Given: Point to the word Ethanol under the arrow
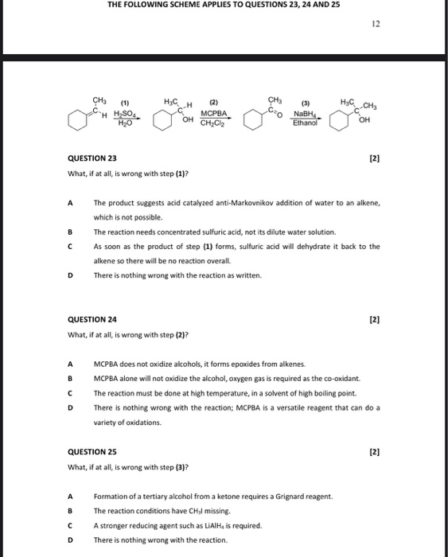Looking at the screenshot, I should click(x=305, y=123).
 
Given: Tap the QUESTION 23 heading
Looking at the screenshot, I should click(x=92, y=158).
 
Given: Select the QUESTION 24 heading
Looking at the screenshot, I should click(x=92, y=320).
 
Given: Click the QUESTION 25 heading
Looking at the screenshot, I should click(x=92, y=452).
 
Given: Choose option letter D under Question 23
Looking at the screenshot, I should click(x=71, y=275).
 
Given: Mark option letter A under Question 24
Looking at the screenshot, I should click(x=71, y=364).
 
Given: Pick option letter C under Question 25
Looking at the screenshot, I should click(x=71, y=525).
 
